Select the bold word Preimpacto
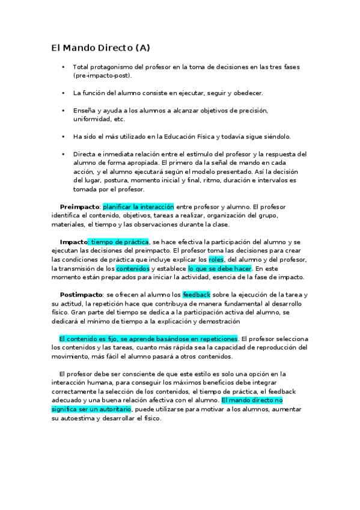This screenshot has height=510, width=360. pos(79,206)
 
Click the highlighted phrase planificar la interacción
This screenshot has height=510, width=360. pos(138,206)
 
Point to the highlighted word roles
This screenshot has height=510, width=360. pos(216,259)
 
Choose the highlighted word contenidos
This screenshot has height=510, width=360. pos(132,268)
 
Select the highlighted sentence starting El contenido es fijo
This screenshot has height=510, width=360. pos(148,339)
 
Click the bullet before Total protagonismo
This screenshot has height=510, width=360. pos(63,67)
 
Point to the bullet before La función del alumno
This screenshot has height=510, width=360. pos(63,93)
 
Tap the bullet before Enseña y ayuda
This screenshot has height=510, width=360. pos(63,111)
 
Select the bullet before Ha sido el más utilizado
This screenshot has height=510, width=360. pos(63,137)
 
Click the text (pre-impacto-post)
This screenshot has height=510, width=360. pos(102,76)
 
